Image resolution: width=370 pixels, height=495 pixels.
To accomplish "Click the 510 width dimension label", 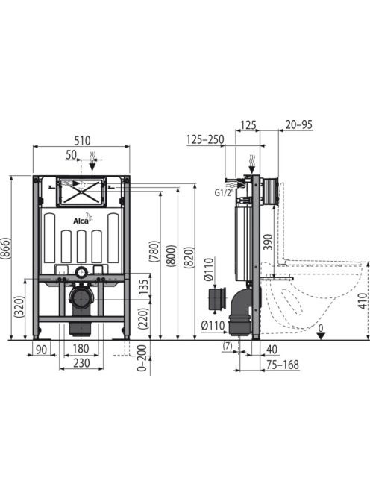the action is (x=82, y=140).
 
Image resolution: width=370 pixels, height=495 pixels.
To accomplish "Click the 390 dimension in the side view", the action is (x=268, y=242).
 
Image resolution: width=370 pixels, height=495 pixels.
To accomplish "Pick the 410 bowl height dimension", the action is (x=364, y=301).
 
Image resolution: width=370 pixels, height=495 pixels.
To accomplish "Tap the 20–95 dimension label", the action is (x=299, y=124).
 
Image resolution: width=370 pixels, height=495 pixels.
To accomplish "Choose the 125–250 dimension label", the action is (x=205, y=139).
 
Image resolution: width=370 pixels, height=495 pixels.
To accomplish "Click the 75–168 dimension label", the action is (x=283, y=365).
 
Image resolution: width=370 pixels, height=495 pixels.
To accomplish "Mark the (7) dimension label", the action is (x=228, y=346).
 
